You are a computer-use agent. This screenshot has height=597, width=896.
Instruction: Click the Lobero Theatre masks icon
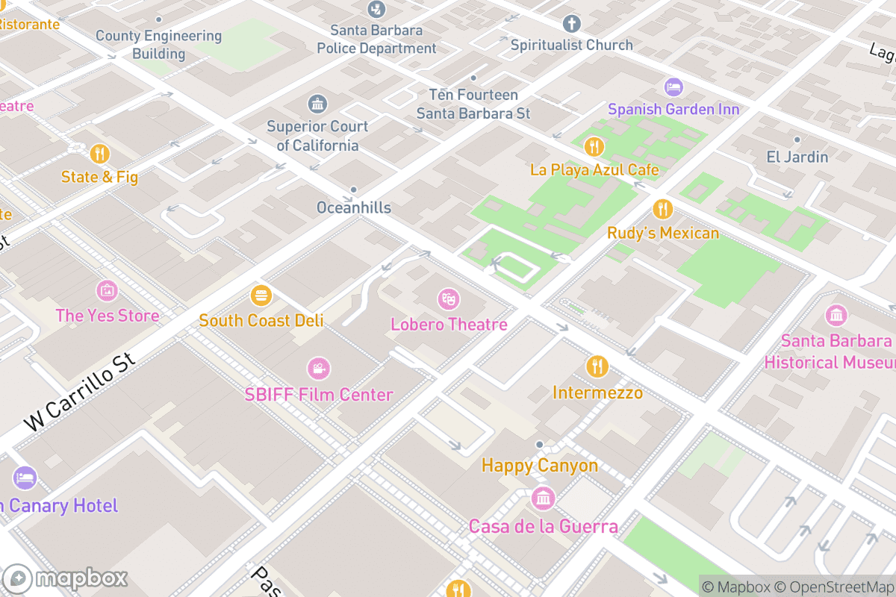[x=448, y=299]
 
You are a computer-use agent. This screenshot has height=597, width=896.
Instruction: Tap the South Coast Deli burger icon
[x=261, y=296]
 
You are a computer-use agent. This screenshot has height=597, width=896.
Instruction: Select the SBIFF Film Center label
[x=319, y=395]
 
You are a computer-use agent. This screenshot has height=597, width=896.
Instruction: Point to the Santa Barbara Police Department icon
[x=377, y=9]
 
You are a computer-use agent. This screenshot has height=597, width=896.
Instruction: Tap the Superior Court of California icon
[x=317, y=104]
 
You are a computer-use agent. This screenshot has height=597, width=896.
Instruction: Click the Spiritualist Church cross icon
[x=572, y=23]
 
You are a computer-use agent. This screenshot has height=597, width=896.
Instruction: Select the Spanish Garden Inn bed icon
[x=673, y=87]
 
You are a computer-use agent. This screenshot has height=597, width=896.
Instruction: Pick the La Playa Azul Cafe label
[x=594, y=169]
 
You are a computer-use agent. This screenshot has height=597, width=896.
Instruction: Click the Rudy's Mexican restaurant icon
[x=662, y=209]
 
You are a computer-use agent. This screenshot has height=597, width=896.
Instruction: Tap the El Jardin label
[x=797, y=157]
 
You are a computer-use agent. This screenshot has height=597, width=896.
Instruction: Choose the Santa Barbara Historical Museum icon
[x=836, y=316]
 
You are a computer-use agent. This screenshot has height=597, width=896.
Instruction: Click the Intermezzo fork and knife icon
[x=597, y=366]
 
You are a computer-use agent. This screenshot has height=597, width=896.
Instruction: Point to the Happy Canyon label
[x=539, y=466]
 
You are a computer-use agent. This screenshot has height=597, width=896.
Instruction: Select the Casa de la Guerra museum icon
[x=543, y=498]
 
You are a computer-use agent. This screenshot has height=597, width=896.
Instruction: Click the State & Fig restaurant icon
[x=99, y=154]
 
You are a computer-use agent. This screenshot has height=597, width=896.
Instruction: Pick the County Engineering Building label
[x=158, y=45]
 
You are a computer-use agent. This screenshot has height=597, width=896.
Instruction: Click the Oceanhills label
[x=353, y=207]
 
